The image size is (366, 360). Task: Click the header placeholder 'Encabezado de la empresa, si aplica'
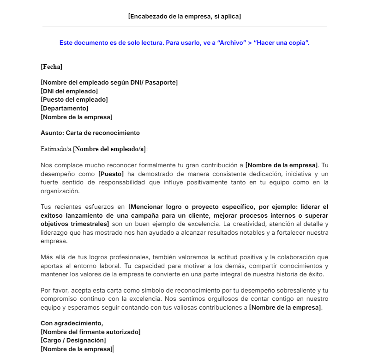point(184,16)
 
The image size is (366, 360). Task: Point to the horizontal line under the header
point(184,26)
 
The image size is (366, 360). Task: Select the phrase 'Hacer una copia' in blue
point(281,43)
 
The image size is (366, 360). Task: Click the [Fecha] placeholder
point(51,67)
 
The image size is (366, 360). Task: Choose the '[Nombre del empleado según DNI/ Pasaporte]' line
point(109,82)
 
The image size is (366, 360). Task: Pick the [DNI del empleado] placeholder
point(69,91)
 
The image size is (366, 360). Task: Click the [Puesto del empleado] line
point(74,99)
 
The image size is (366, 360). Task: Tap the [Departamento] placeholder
point(64,108)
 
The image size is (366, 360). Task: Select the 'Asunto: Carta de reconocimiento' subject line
point(90,133)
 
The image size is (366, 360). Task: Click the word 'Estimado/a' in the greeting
point(56,149)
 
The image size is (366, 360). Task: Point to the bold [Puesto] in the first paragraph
point(111,174)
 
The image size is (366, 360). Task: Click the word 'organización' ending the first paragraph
point(60,191)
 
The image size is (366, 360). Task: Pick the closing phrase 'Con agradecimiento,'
point(72,323)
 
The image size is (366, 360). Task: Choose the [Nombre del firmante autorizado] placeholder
point(90,332)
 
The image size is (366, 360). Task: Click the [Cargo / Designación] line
point(73,340)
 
